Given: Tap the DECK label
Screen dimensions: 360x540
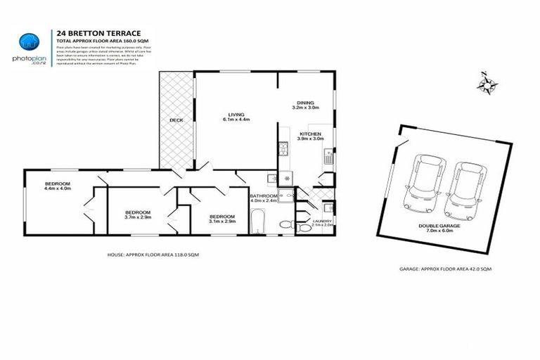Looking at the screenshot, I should click(x=176, y=120).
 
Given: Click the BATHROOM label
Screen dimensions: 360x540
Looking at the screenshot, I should click(x=264, y=198).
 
